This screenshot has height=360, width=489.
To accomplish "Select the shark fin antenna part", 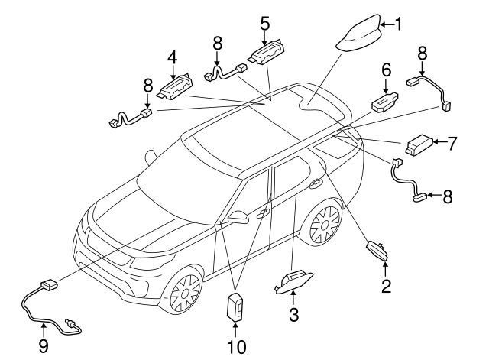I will (361, 34).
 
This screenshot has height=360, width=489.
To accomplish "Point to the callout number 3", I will (294, 316).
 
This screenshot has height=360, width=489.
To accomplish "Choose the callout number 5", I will (264, 23).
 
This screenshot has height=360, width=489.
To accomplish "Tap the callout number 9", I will (43, 346).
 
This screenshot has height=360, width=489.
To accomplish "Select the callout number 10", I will (237, 346).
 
